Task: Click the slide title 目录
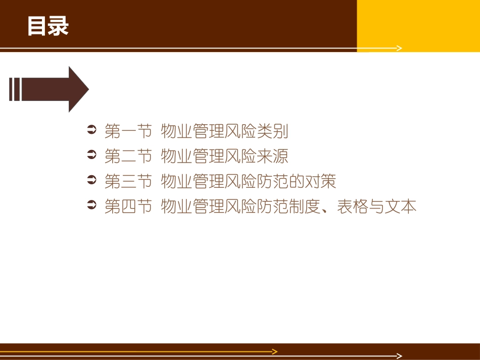pyautogui.click(x=48, y=27)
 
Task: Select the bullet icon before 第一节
pyautogui.click(x=91, y=131)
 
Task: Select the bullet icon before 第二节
pyautogui.click(x=91, y=156)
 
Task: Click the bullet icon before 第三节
pyautogui.click(x=91, y=181)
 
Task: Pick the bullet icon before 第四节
pyautogui.click(x=91, y=206)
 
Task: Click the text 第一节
pyautogui.click(x=128, y=132)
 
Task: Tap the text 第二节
pyautogui.click(x=128, y=157)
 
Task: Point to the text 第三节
pyautogui.click(x=128, y=181)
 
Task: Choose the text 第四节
pyautogui.click(x=128, y=207)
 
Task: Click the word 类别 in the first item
pyautogui.click(x=272, y=132)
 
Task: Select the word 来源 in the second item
pyautogui.click(x=272, y=157)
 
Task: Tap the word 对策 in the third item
pyautogui.click(x=320, y=181)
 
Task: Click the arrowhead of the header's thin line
pyautogui.click(x=400, y=48)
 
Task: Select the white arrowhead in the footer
pyautogui.click(x=400, y=356)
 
